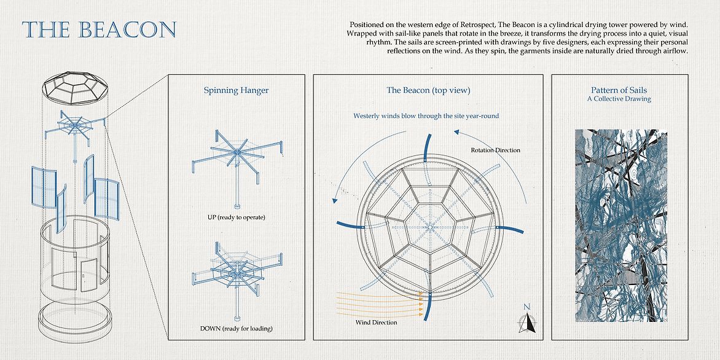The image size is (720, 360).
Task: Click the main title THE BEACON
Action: pos(99,29)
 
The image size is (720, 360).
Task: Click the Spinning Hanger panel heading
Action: pos(236,90)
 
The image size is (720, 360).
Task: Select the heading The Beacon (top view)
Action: pos(428,90)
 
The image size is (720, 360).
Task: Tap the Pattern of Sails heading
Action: pos(619,90)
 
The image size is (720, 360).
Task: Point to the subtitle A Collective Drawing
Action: pos(619,99)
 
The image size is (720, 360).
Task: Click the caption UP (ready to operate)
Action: pos(236,217)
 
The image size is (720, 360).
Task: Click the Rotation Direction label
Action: pos(495,150)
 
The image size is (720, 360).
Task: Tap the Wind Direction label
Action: pos(377,322)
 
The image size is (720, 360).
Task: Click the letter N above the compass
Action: pos(526,307)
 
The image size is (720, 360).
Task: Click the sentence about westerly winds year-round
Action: pos(425,115)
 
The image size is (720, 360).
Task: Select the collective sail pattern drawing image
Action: pos(620,225)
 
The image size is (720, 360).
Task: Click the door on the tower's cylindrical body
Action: pos(88,274)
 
